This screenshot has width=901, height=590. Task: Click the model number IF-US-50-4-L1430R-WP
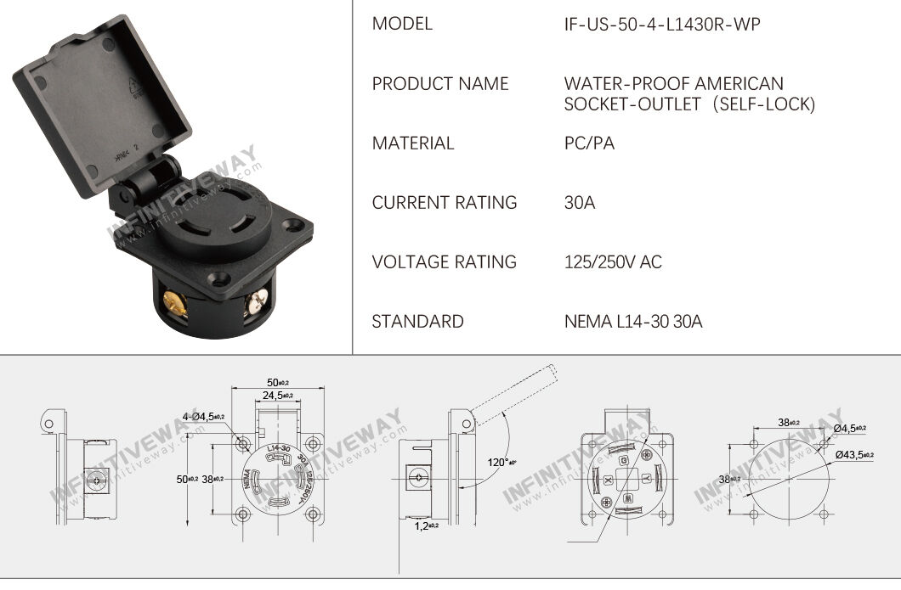pos(662,25)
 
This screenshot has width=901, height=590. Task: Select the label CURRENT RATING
pos(445,203)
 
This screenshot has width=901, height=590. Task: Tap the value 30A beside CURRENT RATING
pos(581,203)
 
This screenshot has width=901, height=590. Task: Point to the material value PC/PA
pos(589,143)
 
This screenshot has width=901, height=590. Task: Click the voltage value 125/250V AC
pos(613,262)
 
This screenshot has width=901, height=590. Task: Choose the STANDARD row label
pos(418,322)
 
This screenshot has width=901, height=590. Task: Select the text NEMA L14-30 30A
pos(633,322)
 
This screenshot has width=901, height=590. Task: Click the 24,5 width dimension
pos(278,396)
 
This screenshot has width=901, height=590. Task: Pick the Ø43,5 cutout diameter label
pos(850,455)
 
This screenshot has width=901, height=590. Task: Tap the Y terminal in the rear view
pos(647,477)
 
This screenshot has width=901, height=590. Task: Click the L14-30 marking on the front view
pos(277,447)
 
